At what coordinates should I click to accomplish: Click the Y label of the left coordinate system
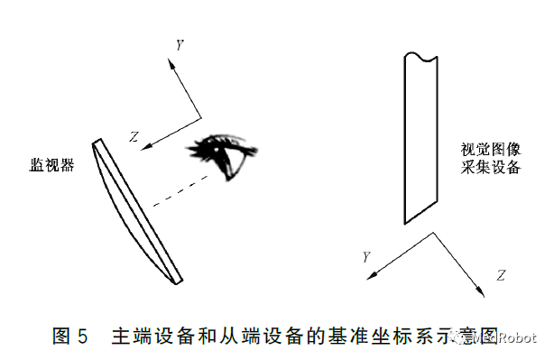(x=180, y=42)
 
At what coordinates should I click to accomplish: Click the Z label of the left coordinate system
(x=134, y=137)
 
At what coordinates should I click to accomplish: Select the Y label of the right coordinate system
(x=366, y=257)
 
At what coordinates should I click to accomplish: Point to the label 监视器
(x=51, y=165)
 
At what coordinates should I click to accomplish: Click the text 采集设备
(x=490, y=168)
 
